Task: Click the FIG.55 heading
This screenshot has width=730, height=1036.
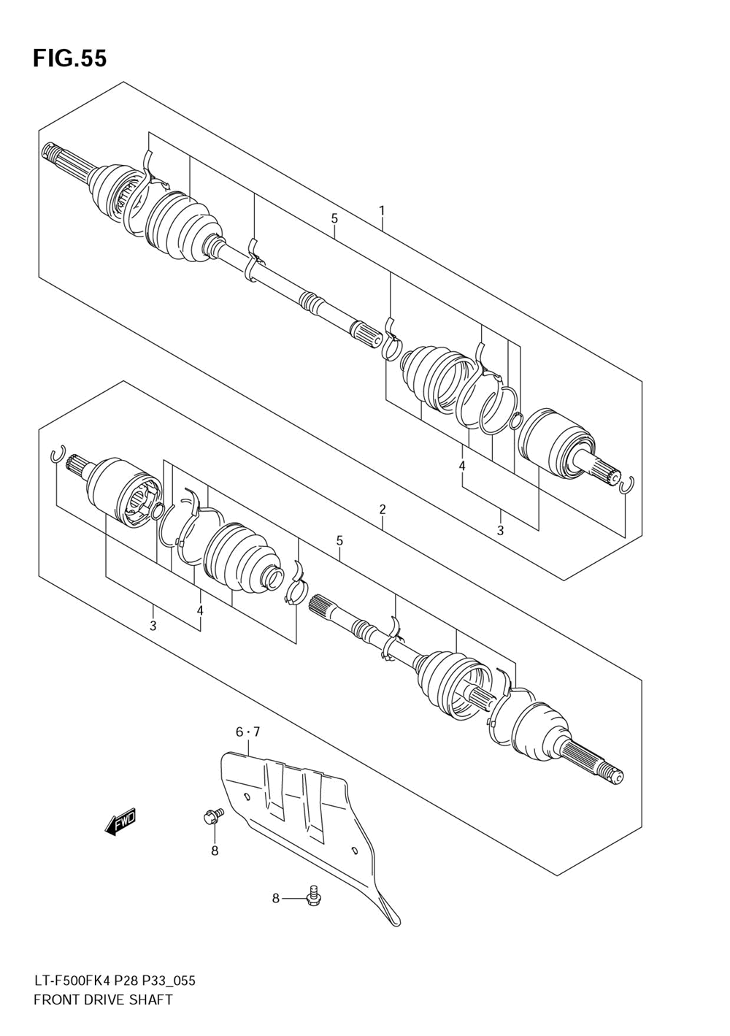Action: click(x=69, y=58)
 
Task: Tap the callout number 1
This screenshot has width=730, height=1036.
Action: click(x=381, y=211)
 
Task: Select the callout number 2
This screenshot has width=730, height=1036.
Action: click(x=382, y=510)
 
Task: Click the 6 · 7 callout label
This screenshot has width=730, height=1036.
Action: click(x=247, y=732)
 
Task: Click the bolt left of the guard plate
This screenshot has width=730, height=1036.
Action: click(x=212, y=816)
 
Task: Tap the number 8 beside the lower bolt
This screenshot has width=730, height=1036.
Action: click(x=276, y=898)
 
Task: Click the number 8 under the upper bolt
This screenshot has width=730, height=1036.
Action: click(x=215, y=850)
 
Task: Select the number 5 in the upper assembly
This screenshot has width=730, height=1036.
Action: click(x=334, y=218)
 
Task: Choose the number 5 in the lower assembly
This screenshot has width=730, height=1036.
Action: click(x=339, y=541)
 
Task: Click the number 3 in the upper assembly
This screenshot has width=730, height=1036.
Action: click(x=500, y=531)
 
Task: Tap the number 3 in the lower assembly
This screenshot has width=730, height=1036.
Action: click(x=153, y=626)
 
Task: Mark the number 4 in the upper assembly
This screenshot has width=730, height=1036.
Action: click(x=462, y=466)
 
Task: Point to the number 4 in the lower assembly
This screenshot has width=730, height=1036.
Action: click(x=199, y=610)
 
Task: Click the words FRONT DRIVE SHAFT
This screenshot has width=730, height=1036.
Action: click(x=103, y=999)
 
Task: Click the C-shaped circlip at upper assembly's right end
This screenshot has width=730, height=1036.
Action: click(x=626, y=485)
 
